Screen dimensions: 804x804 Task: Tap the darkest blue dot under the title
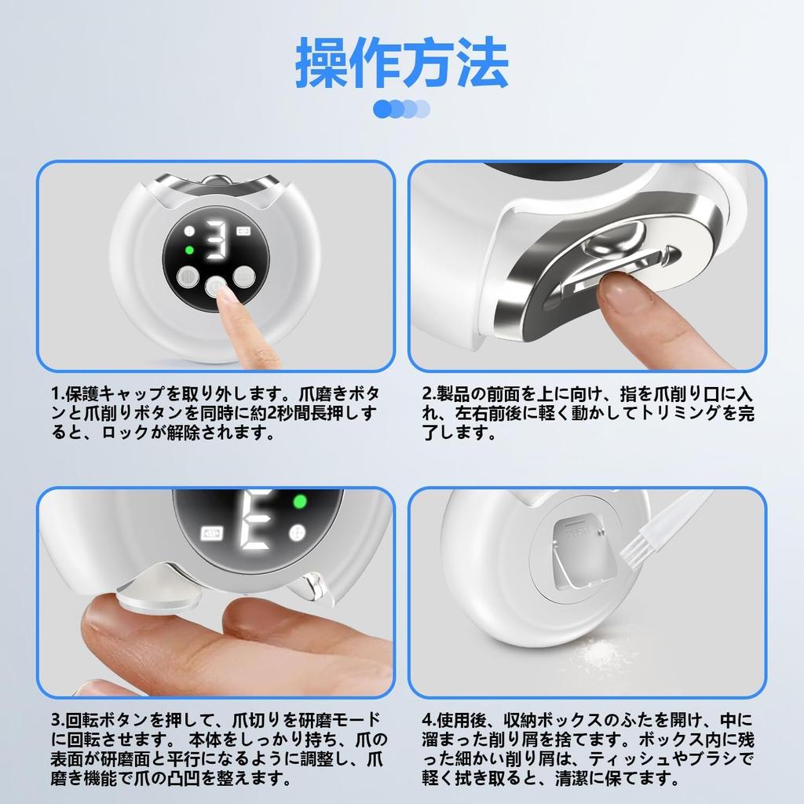click(x=382, y=108)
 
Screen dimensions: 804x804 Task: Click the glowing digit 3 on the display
click(x=216, y=239)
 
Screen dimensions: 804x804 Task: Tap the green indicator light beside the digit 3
click(x=188, y=250)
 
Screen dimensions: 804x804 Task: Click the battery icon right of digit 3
click(x=243, y=231)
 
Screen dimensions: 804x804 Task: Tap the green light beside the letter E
click(x=299, y=502)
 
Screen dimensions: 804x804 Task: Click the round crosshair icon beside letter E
click(x=296, y=533)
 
